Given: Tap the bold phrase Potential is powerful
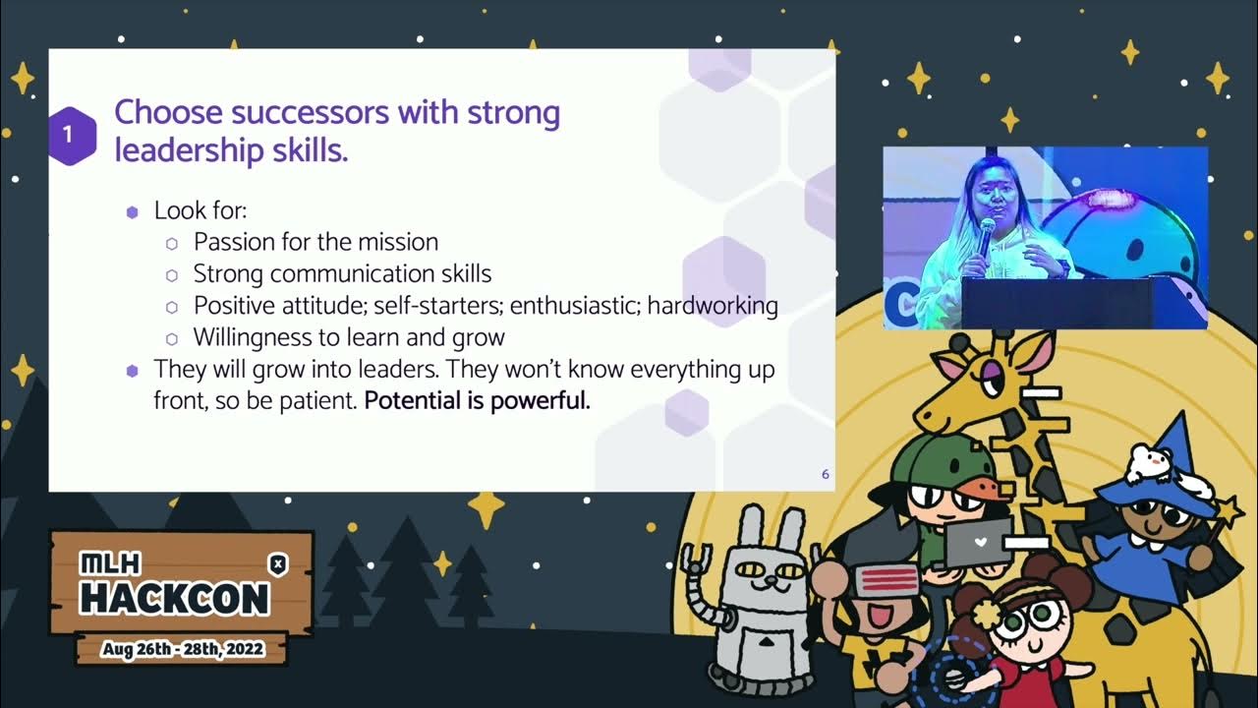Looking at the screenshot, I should [x=477, y=401].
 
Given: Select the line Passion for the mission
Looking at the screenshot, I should [x=315, y=242].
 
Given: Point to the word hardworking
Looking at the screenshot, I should [x=713, y=306].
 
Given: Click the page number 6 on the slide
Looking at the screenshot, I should [x=825, y=475].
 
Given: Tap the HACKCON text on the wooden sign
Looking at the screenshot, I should [x=174, y=597].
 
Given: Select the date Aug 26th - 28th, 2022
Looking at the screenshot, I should [x=183, y=650].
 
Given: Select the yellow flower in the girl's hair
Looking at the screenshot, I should [x=984, y=616].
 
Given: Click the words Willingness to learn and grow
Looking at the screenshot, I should [x=349, y=337].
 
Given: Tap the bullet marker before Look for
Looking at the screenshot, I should [x=133, y=211].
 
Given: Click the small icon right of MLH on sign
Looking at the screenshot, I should [x=278, y=562].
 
